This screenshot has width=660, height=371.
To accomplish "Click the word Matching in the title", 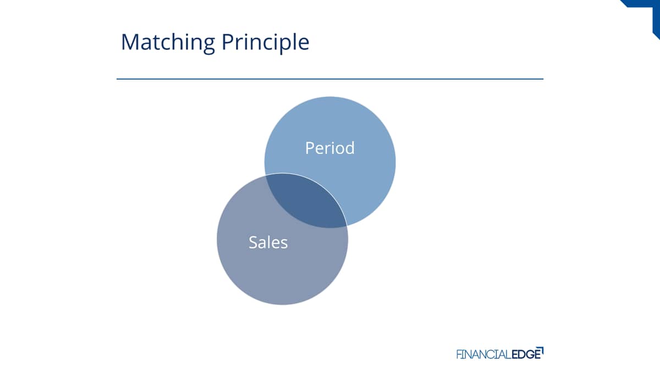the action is click(168, 43).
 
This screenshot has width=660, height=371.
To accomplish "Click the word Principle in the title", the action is click(265, 43).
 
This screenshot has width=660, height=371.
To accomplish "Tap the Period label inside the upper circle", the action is click(329, 148).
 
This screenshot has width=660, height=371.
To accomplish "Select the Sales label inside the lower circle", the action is click(268, 242).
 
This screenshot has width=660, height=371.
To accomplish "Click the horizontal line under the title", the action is click(330, 79).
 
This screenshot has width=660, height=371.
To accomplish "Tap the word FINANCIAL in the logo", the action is click(483, 354).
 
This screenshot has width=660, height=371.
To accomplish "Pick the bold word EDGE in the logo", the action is click(526, 354).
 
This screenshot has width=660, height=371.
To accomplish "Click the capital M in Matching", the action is click(130, 42).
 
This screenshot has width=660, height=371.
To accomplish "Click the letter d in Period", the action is click(349, 147).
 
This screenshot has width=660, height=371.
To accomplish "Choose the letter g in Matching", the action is click(208, 46).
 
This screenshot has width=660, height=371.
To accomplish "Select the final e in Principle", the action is click(303, 44).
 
